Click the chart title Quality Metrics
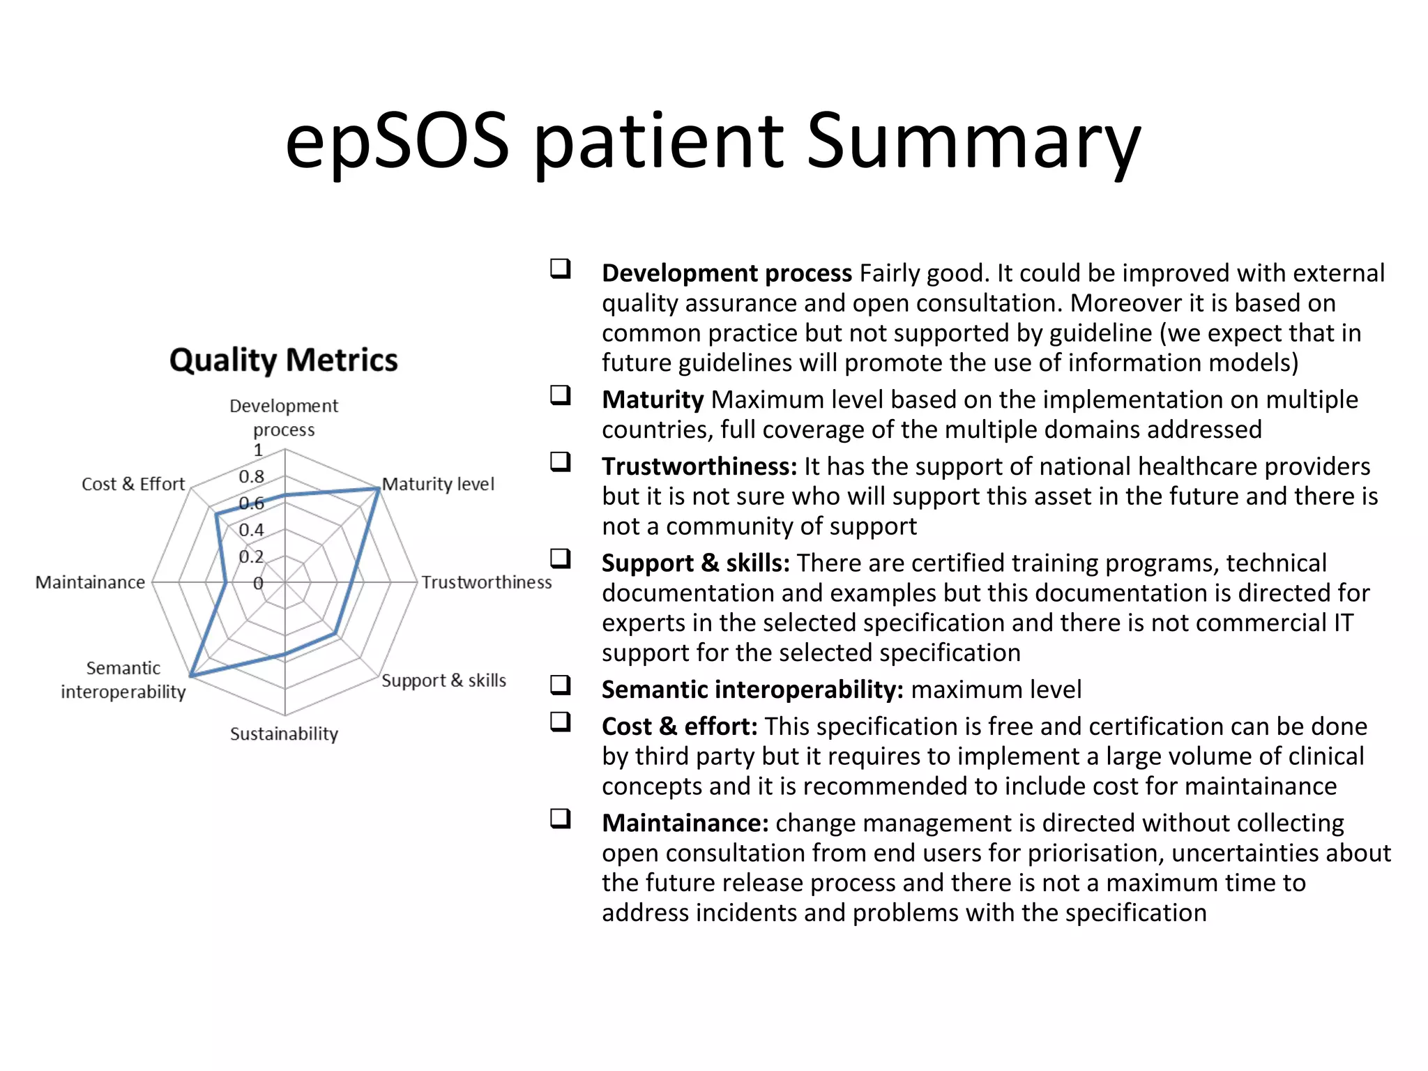pos(283,360)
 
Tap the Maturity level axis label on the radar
pos(438,484)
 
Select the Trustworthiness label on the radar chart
pos(486,582)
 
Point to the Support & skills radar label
pos(443,681)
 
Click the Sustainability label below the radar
pos(284,734)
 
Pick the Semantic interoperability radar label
pos(123,680)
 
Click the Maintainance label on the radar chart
pos(90,582)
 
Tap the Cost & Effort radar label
pos(133,484)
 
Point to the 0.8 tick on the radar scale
pos(251,477)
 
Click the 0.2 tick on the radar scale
pos(251,556)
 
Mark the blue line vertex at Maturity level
pos(378,489)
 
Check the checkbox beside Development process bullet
pos(560,268)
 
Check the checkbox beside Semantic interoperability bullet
pos(560,685)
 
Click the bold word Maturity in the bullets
pos(653,400)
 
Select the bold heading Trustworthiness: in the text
pos(699,466)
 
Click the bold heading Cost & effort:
pos(679,726)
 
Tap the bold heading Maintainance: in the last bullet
pos(685,823)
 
